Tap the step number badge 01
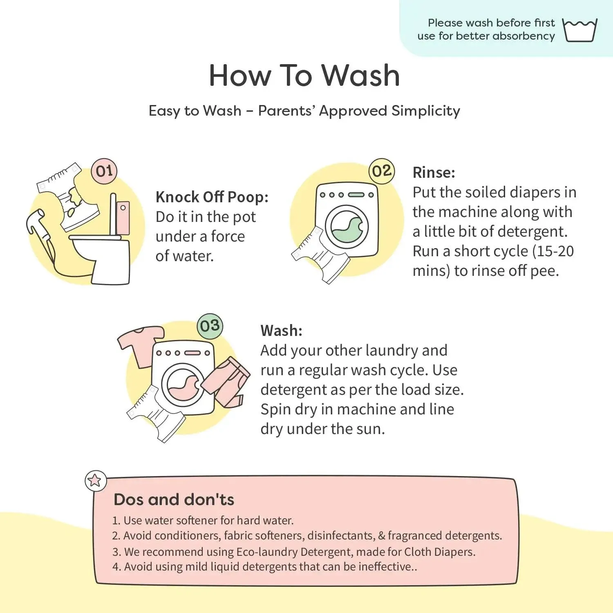point(104,171)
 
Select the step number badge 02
point(382,171)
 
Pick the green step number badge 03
point(210,326)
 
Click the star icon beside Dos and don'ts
point(95,480)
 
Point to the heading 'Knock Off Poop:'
point(212,197)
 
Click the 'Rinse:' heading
point(434,172)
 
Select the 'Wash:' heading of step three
point(281,331)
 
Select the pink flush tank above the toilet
point(123,217)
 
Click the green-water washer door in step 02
point(347,227)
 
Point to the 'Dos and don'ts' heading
point(174,499)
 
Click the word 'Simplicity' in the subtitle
point(425,111)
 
